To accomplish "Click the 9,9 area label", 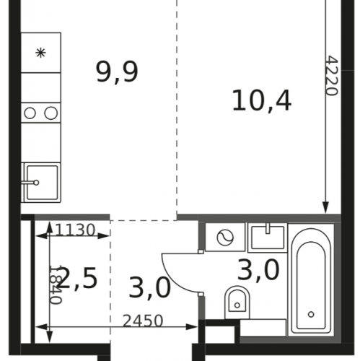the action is [x=117, y=71].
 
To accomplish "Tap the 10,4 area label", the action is [x=262, y=100].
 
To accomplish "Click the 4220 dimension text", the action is [x=333, y=76].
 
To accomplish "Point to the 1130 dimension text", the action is [x=75, y=230].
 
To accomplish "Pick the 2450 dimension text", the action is [x=143, y=321].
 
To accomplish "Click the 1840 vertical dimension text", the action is [x=56, y=284].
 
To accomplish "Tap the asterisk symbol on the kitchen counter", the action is [x=40, y=53].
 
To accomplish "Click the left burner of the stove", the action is [x=30, y=113].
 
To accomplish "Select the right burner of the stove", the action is [x=51, y=113].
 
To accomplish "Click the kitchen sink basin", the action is [x=43, y=183].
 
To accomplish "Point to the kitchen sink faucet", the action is [x=30, y=183].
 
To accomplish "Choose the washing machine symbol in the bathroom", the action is [x=225, y=238].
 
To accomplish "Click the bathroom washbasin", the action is [x=268, y=238].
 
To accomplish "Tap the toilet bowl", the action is [x=237, y=303].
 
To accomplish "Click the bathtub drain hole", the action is [x=311, y=314].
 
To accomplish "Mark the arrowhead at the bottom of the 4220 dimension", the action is [x=325, y=208].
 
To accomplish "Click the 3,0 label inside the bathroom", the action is [x=258, y=270].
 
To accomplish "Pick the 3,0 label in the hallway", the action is [x=150, y=287].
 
